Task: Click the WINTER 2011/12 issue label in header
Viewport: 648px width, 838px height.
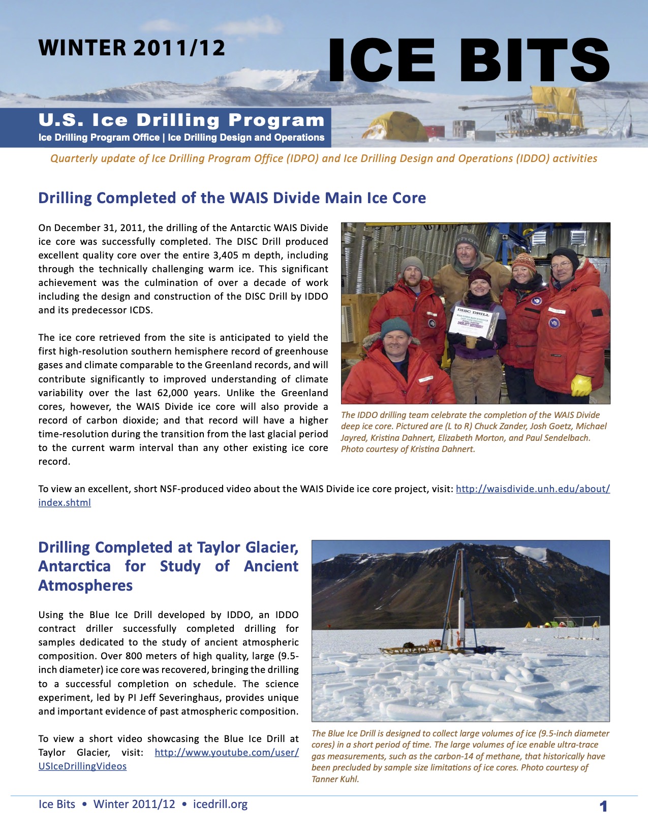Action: pos(132,48)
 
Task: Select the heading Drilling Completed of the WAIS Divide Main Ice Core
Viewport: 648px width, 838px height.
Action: pos(232,198)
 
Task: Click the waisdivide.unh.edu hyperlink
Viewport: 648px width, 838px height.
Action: pos(532,489)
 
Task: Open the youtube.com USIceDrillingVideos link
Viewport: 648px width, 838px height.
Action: pos(227,752)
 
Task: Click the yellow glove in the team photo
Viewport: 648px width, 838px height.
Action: pos(581,385)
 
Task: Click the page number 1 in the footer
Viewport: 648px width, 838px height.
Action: pos(603,806)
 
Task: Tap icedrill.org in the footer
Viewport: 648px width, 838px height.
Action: pos(220,804)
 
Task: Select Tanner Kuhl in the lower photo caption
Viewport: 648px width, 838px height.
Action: pos(335,779)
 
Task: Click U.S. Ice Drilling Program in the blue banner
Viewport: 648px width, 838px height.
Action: pos(181,120)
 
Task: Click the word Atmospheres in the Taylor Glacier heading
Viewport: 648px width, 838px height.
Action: pos(85,585)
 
